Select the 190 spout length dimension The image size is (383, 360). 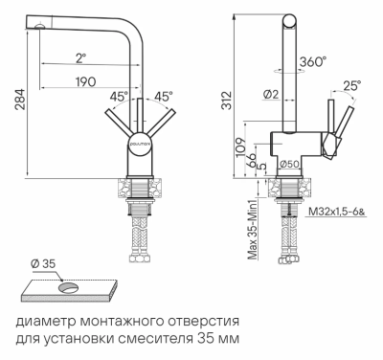(x=87, y=82)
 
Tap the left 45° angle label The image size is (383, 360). (x=119, y=97)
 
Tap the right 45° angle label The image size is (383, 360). (x=163, y=97)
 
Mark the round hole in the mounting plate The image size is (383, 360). (x=69, y=286)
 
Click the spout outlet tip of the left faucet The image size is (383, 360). (x=37, y=27)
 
